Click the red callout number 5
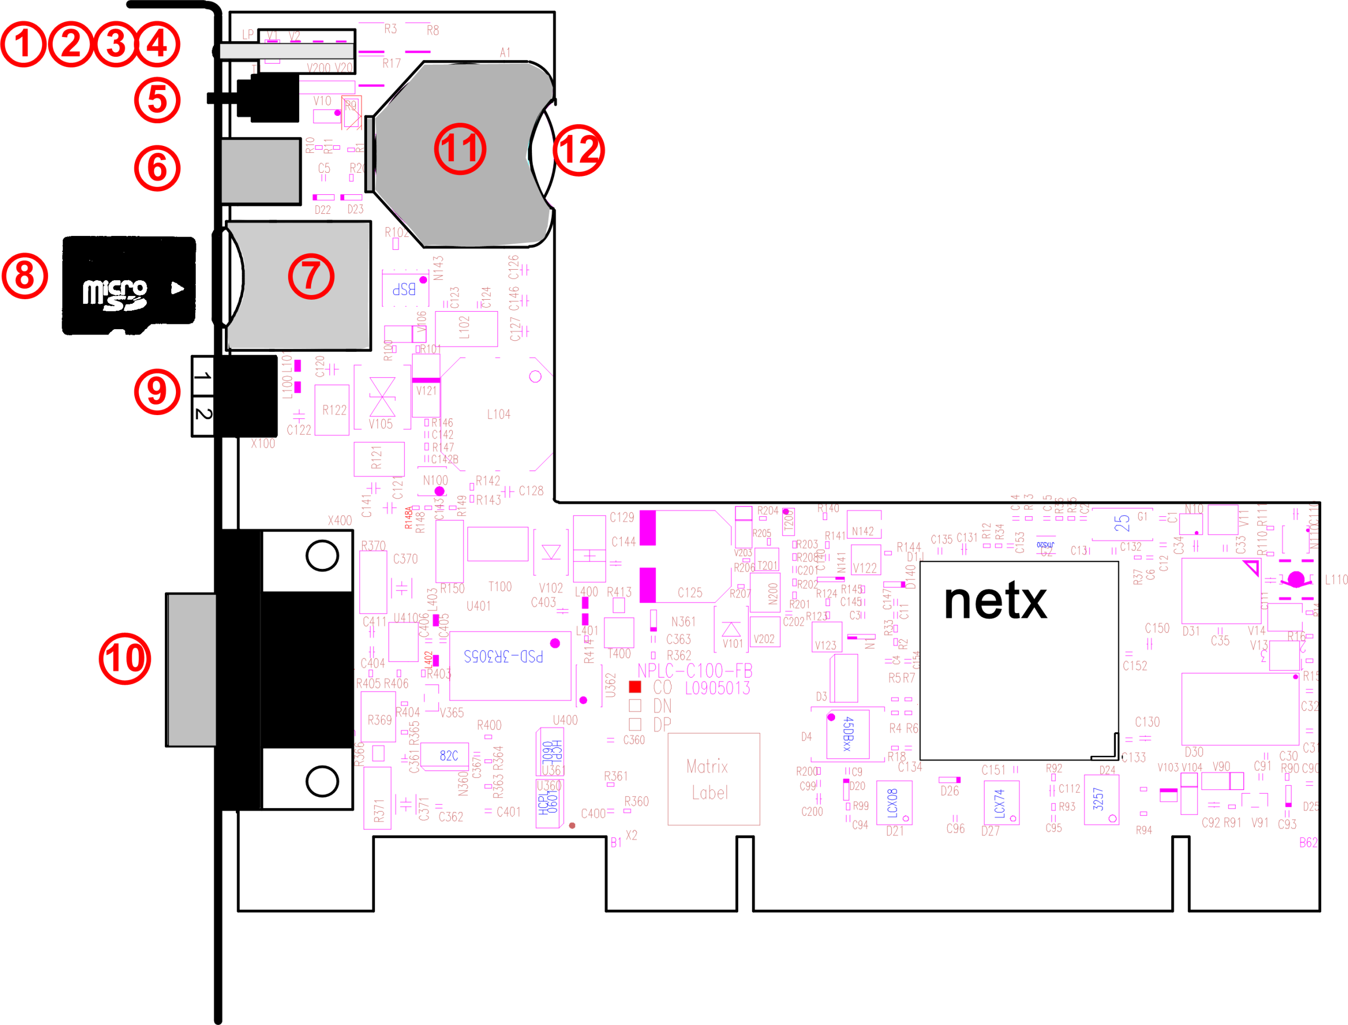(157, 100)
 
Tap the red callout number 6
(157, 168)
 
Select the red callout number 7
(311, 277)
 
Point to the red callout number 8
(24, 276)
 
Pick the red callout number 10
(125, 659)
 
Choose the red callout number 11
(460, 149)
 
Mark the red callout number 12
(579, 150)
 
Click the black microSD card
(128, 285)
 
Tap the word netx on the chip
(995, 602)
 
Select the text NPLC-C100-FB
(695, 671)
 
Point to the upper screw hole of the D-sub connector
(322, 555)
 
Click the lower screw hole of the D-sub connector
(322, 781)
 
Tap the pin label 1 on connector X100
(203, 376)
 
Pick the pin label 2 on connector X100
(203, 415)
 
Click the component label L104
(498, 415)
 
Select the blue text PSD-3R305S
(503, 656)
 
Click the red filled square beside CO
(635, 687)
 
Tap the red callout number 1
(23, 44)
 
